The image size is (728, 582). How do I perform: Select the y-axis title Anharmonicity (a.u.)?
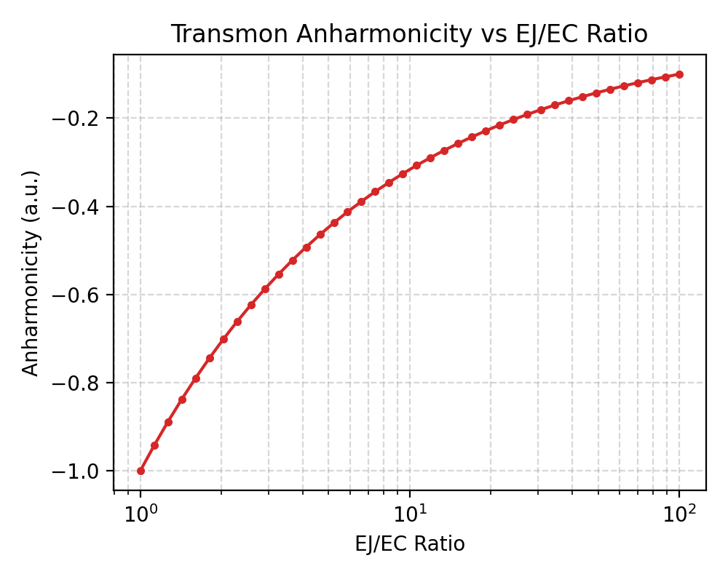(30, 273)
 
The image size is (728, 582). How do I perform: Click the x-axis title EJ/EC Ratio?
(409, 544)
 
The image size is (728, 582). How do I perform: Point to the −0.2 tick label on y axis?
(78, 119)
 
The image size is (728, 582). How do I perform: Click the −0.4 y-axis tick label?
(78, 207)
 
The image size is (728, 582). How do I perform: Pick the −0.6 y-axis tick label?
(78, 295)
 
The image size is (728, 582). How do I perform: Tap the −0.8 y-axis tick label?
(78, 383)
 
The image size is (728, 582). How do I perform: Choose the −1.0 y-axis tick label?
(78, 471)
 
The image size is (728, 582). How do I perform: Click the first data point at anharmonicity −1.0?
(141, 471)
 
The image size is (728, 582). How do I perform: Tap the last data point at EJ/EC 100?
(679, 74)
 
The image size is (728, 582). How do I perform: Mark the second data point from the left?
(154, 445)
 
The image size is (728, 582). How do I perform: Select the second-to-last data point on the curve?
(665, 77)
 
